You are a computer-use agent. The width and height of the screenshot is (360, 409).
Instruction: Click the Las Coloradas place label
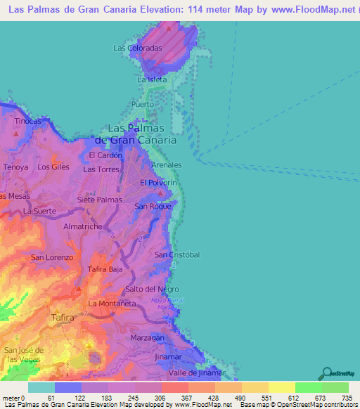pyautogui.click(x=138, y=48)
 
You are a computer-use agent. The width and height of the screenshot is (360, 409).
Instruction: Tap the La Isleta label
pyautogui.click(x=152, y=79)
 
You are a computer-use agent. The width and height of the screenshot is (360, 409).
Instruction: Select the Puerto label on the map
pyautogui.click(x=142, y=104)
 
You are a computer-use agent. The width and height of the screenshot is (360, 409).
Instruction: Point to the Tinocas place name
pyautogui.click(x=28, y=121)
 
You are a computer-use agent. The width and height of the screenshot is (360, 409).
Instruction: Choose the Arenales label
pyautogui.click(x=167, y=164)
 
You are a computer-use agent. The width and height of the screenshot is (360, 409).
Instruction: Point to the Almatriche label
pyautogui.click(x=83, y=226)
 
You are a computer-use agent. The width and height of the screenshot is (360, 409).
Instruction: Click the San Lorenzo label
pyautogui.click(x=51, y=257)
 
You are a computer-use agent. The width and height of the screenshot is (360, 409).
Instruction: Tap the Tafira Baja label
pyautogui.click(x=105, y=269)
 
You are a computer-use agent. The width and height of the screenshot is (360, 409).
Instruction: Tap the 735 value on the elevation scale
pyautogui.click(x=347, y=398)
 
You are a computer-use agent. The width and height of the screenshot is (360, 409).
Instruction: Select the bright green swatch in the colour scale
pyautogui.click(x=308, y=387)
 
